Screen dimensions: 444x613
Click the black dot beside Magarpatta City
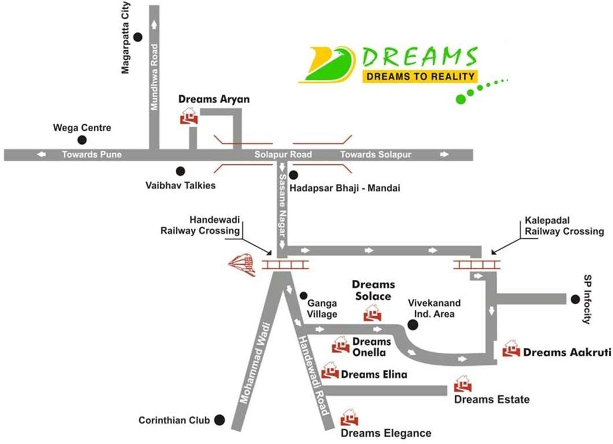(138, 38)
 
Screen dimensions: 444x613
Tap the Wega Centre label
(82, 127)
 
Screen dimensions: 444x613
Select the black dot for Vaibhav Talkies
(180, 171)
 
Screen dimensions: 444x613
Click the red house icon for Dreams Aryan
(189, 117)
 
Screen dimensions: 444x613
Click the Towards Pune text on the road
(92, 154)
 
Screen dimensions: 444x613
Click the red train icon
(243, 265)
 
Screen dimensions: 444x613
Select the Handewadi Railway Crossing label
(201, 225)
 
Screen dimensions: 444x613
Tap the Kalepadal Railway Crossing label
(564, 225)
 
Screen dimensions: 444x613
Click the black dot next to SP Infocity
(575, 299)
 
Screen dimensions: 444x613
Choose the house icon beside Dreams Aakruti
(511, 349)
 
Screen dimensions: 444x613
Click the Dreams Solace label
(374, 290)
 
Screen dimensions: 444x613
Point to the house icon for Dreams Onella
(341, 345)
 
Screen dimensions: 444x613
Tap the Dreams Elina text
(374, 374)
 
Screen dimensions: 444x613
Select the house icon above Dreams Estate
(462, 384)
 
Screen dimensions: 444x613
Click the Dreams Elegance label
(386, 433)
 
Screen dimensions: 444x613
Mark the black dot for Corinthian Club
(219, 420)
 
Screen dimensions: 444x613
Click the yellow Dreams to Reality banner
(420, 76)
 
